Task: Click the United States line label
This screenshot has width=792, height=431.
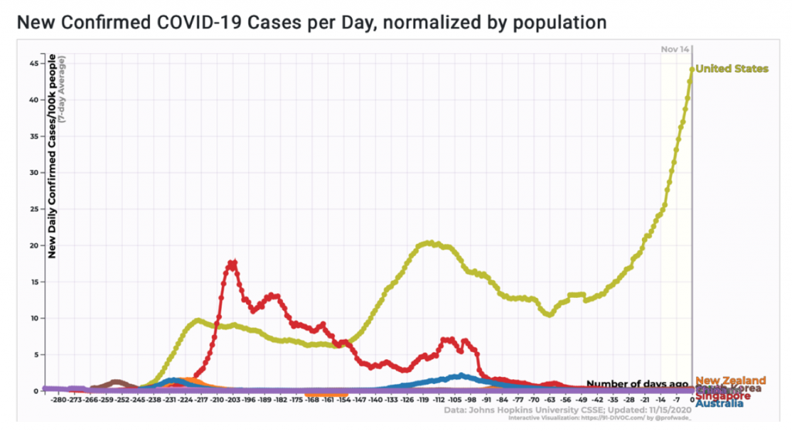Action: pyautogui.click(x=732, y=69)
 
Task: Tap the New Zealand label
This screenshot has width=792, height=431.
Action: pyautogui.click(x=730, y=380)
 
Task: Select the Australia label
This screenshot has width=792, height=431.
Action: pyautogui.click(x=719, y=402)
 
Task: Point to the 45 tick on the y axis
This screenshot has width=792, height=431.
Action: pyautogui.click(x=33, y=63)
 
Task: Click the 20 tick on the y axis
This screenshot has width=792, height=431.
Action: pyautogui.click(x=33, y=245)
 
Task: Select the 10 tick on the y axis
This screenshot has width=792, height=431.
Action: pyautogui.click(x=33, y=318)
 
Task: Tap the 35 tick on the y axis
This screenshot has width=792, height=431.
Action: pyautogui.click(x=33, y=135)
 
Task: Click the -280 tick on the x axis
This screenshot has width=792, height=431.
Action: pyautogui.click(x=57, y=400)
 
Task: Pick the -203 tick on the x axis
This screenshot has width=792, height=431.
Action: pyautogui.click(x=232, y=400)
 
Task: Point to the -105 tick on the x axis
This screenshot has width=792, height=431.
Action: pyautogui.click(x=454, y=400)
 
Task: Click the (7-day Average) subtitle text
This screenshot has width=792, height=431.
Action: pyautogui.click(x=63, y=88)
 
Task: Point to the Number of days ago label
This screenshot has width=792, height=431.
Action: pyautogui.click(x=637, y=384)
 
